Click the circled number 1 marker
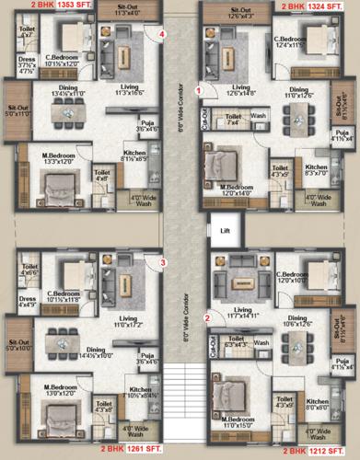click(210, 89)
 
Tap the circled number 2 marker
click(208, 317)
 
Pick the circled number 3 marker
click(162, 262)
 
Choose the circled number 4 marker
click(162, 36)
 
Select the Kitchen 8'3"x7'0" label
click(317, 169)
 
